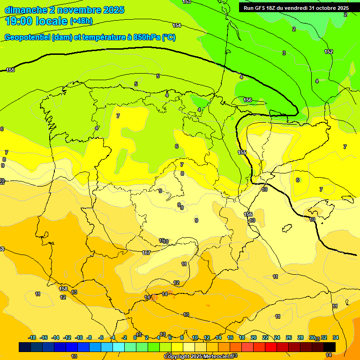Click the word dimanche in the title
(26, 10)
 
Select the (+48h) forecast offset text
(81, 22)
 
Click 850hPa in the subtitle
(147, 37)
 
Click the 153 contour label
(187, 2)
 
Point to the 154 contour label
(177, 25)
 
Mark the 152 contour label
(329, 52)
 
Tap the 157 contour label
(146, 253)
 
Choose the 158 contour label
(63, 289)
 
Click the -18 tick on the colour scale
(32, 337)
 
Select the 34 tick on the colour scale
(336, 337)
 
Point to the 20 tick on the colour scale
(254, 337)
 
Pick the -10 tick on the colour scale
(79, 337)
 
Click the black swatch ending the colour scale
(330, 347)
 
